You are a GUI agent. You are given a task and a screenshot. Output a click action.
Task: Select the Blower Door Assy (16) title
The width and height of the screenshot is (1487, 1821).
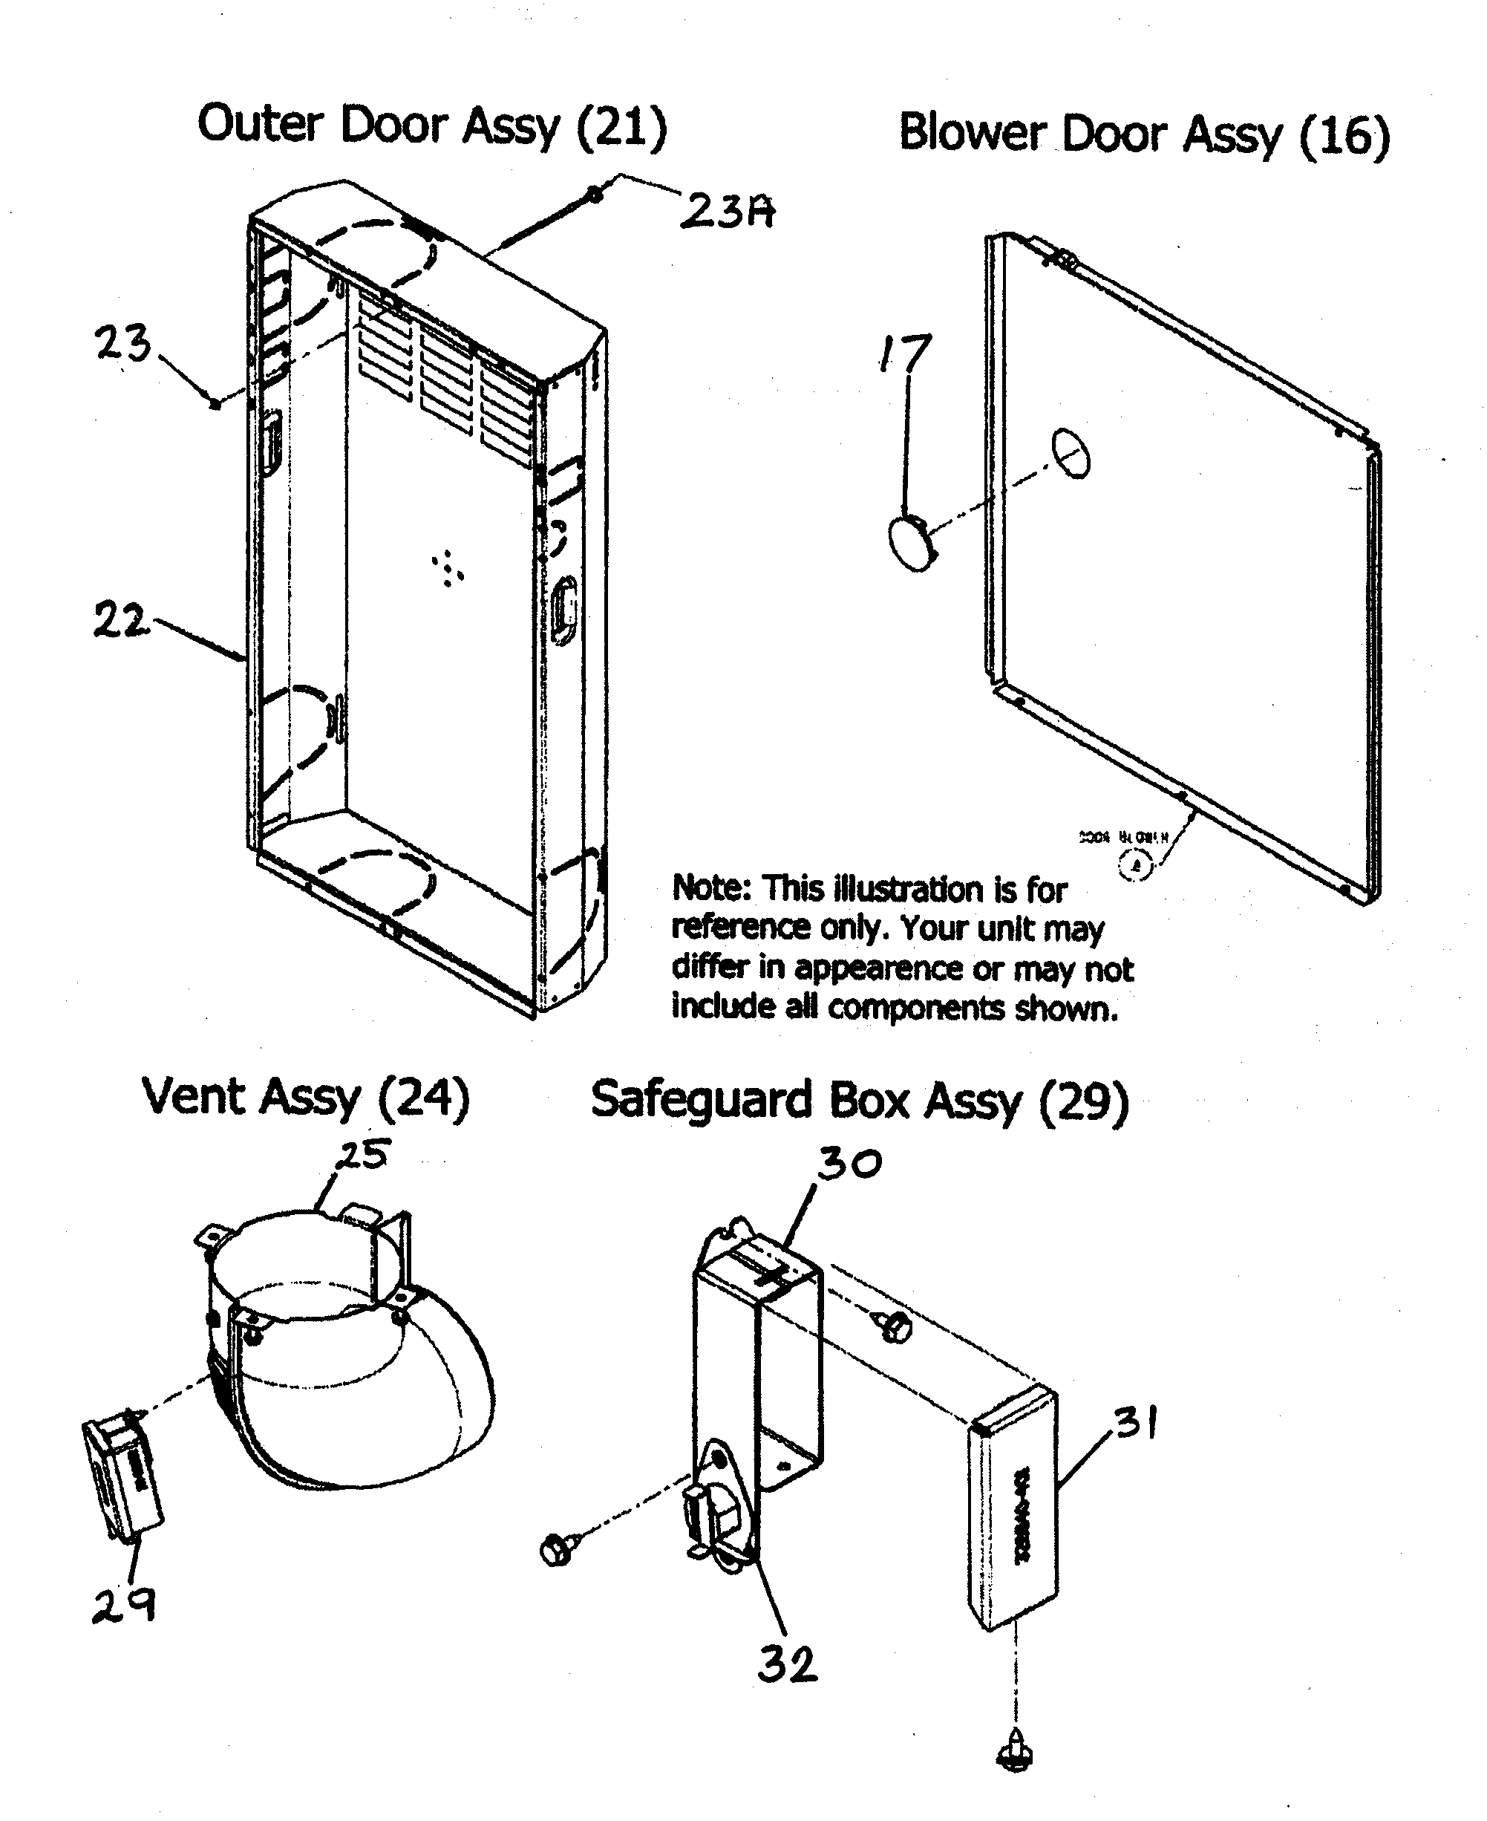tap(1143, 135)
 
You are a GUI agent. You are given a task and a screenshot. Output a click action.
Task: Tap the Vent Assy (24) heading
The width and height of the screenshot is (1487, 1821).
tap(306, 1098)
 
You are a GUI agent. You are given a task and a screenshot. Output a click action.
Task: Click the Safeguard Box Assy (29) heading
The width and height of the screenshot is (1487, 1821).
tap(859, 1101)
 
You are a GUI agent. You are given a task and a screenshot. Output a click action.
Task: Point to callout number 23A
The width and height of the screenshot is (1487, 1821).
tap(728, 210)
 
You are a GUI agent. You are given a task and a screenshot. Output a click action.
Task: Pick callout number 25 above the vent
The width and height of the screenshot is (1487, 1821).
tap(363, 1155)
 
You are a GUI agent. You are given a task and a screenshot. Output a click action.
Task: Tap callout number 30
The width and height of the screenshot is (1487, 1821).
tap(848, 1164)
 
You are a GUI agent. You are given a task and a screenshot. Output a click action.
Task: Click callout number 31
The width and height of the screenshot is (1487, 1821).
tap(1137, 1424)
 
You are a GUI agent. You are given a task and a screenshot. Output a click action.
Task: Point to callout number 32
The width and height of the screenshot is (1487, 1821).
tap(787, 1665)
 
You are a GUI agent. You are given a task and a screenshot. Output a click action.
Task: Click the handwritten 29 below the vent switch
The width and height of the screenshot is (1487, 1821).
tap(124, 1605)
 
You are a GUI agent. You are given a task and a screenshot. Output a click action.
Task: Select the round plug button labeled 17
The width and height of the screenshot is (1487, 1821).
tap(912, 542)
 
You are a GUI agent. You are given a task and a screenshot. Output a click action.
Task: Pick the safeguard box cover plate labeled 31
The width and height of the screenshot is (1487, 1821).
tap(1013, 1510)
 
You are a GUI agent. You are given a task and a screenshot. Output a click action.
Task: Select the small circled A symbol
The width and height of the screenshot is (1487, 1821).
tap(1136, 865)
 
